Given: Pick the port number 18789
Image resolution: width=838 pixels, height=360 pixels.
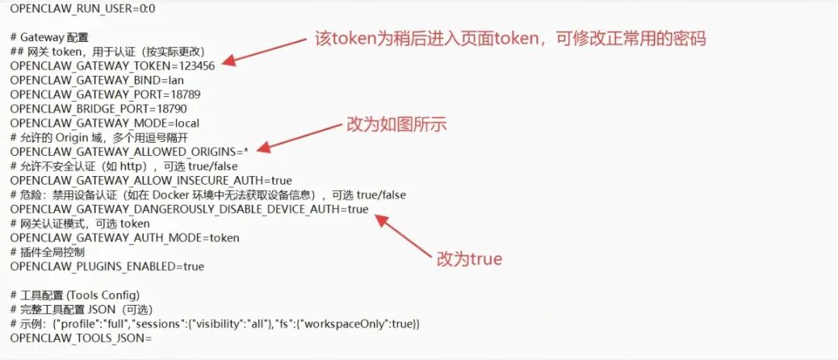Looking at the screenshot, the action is pos(184,95).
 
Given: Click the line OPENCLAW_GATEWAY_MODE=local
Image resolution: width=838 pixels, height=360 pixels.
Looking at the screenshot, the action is pos(105,123).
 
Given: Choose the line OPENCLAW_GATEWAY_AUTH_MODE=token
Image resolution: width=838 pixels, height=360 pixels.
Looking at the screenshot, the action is pos(125,238).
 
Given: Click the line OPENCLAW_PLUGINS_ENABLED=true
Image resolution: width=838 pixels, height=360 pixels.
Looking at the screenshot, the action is pos(107,267).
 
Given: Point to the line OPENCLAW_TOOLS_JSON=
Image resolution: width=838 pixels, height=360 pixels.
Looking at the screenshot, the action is pos(81,338).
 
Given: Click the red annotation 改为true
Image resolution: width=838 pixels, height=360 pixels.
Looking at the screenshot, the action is pos(469,258).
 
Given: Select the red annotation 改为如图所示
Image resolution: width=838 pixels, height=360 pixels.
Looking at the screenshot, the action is pos(396,125).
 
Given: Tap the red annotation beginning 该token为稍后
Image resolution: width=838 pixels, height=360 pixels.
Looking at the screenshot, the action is pos(510,38).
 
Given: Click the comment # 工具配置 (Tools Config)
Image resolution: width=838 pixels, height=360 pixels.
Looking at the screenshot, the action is pos(74,295).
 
